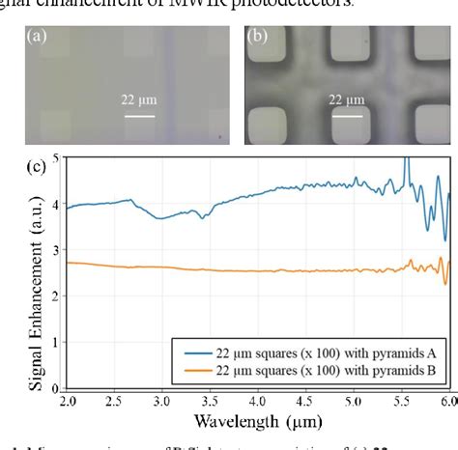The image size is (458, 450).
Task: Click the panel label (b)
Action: tap(258, 38)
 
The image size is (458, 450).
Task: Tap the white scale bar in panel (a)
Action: tap(139, 118)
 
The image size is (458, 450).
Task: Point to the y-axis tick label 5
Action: tap(55, 157)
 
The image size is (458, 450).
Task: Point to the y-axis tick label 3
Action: tap(55, 250)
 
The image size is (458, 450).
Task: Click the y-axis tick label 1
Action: tap(55, 342)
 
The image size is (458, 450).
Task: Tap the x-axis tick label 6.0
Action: tap(447, 400)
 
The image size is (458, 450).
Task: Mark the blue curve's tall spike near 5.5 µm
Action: tap(407, 162)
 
